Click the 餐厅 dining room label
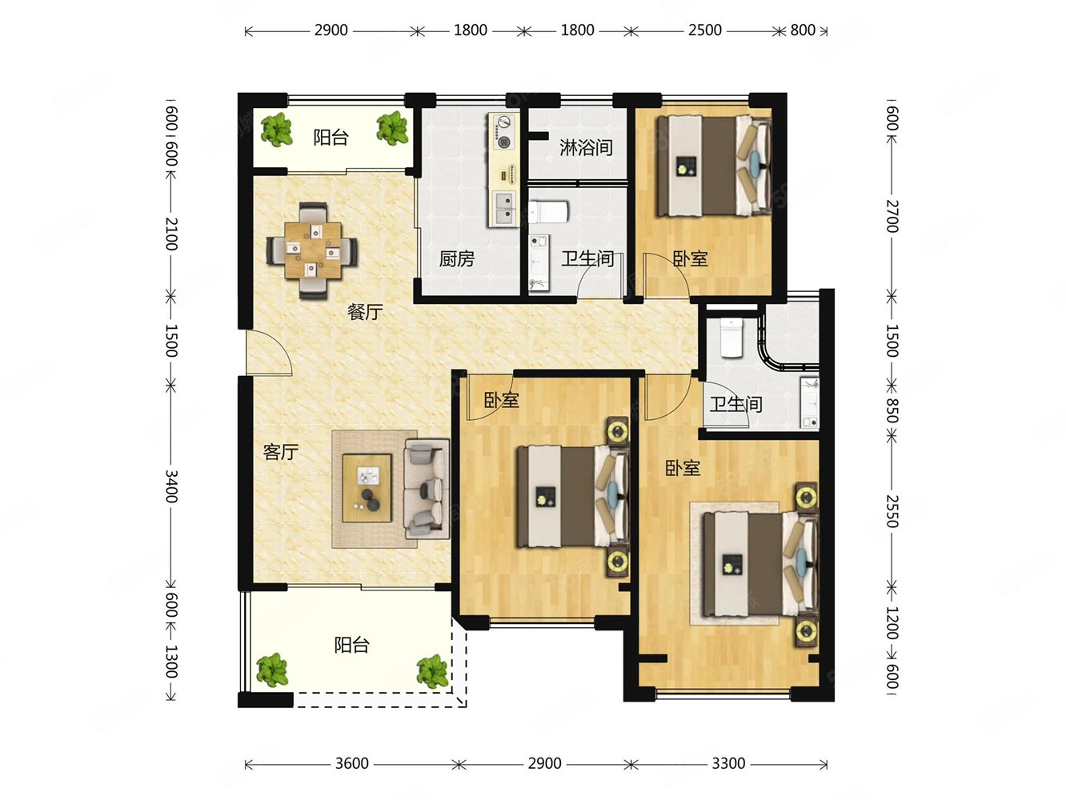(x=365, y=312)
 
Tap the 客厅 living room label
(x=280, y=452)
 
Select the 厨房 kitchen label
(x=456, y=258)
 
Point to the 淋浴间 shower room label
(x=586, y=147)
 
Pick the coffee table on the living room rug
(x=367, y=488)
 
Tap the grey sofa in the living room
(x=425, y=488)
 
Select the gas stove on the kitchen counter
(x=503, y=133)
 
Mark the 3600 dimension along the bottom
(x=351, y=763)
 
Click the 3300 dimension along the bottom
(x=728, y=763)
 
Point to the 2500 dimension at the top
(x=704, y=30)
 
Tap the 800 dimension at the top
(x=802, y=30)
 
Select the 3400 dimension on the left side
(x=171, y=486)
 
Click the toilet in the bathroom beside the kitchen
(x=549, y=212)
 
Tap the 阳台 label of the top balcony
(x=331, y=137)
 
